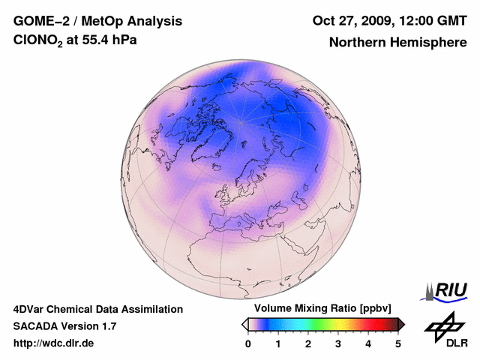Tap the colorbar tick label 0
[248, 343]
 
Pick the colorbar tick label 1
[278, 343]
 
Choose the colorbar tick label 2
[308, 343]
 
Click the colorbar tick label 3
[338, 343]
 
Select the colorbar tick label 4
[368, 343]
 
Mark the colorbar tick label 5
[398, 343]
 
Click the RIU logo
[447, 291]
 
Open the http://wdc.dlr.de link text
[54, 343]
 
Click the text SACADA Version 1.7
[64, 326]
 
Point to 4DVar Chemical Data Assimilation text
[97, 309]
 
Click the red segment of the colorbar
[367, 324]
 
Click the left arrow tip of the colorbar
[244, 324]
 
